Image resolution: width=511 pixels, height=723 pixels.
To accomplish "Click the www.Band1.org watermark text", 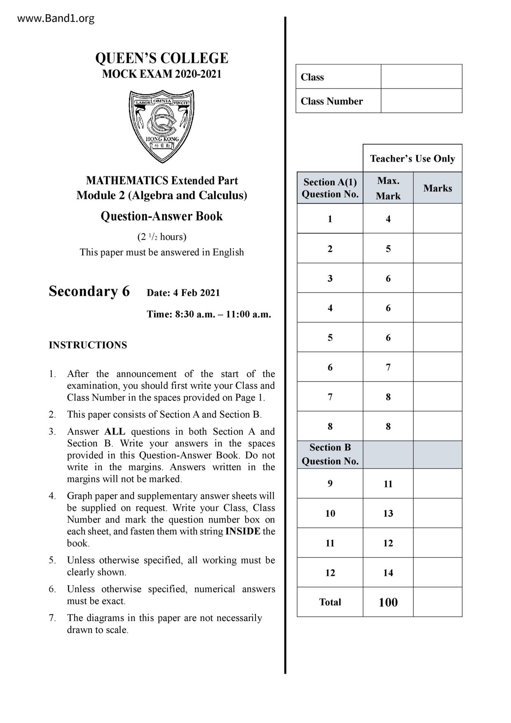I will click(x=56, y=19).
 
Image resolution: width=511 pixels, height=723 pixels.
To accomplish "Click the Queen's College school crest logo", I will click(x=162, y=126).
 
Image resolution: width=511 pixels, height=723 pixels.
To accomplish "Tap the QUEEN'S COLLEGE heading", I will click(x=162, y=58).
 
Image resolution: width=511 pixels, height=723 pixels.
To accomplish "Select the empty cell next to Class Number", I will click(x=421, y=101).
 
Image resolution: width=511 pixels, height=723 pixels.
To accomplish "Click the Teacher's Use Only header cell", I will click(x=412, y=159).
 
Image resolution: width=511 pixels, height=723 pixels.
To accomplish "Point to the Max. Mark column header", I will click(x=388, y=188).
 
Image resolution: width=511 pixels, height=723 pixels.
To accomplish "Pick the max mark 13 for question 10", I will click(x=388, y=513).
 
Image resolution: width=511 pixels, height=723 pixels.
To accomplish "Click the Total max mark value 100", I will click(x=388, y=602).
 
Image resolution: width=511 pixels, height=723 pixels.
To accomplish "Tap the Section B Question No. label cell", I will click(x=330, y=455).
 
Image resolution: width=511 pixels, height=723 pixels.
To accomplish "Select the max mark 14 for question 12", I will click(x=388, y=573).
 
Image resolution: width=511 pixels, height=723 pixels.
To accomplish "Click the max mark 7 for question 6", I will click(x=388, y=367).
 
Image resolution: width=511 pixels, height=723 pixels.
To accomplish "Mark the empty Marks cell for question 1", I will click(x=437, y=219).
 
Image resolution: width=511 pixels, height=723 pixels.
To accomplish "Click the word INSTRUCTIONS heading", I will click(x=88, y=345).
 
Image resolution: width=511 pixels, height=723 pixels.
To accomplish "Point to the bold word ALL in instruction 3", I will click(x=115, y=432).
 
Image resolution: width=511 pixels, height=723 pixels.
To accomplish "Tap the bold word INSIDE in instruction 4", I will click(x=243, y=531).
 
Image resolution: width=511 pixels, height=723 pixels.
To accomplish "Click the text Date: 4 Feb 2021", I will click(x=183, y=293).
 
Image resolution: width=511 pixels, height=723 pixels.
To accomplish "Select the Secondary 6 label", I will click(x=89, y=291).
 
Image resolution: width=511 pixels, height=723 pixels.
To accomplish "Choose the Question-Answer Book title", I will click(x=162, y=216).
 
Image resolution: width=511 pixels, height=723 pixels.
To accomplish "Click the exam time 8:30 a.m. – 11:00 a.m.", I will click(x=209, y=315).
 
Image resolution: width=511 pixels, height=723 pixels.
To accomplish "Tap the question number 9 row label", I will click(x=330, y=484).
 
